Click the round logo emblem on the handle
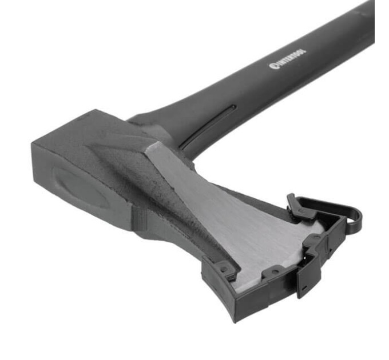[x=272, y=66]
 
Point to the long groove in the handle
[x=208, y=126]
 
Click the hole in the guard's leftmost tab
[x=224, y=269]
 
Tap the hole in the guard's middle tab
[x=274, y=272]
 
